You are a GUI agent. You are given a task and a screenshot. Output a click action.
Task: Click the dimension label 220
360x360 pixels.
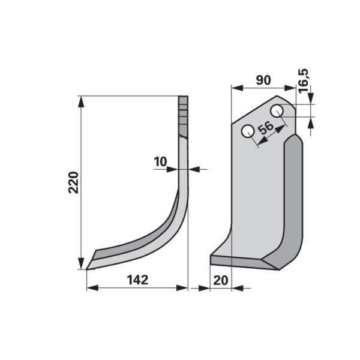74,182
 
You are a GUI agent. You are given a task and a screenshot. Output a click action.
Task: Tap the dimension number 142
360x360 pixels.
138,280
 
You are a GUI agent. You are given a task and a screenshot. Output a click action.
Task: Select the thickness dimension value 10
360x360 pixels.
160,161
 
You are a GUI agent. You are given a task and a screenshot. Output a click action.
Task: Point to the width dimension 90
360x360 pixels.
263,80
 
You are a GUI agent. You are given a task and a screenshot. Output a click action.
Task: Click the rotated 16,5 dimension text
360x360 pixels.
304,80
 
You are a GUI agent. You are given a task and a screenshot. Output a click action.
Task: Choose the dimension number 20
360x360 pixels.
221,280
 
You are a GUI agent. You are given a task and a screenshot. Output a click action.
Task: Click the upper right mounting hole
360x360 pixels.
277,111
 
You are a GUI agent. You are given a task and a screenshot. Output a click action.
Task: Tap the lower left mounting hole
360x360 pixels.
248,131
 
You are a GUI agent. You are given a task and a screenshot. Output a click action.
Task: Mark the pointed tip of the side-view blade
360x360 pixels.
86,269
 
